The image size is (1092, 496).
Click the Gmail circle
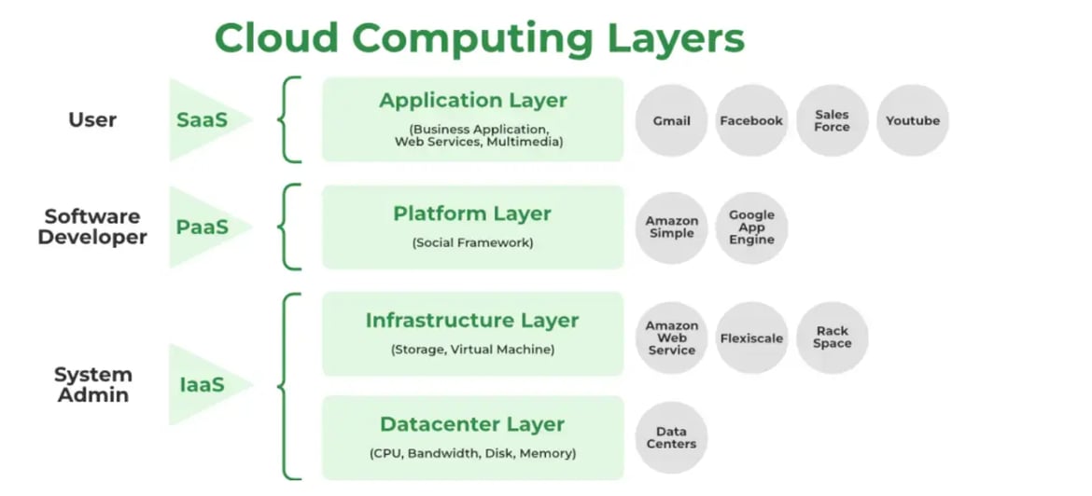pos(672,120)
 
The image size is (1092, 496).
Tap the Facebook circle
pos(751,120)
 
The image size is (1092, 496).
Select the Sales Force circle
pos(832,120)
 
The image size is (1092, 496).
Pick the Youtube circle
pos(912,120)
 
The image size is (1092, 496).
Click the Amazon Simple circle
pos(672,227)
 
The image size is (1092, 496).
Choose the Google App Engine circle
pos(751,227)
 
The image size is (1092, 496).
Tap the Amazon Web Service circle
pos(672,338)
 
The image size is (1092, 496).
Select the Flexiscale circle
pos(751,338)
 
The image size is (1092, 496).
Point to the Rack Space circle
pos(832,338)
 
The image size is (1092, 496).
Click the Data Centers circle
pos(672,438)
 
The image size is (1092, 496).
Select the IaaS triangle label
pos(201,384)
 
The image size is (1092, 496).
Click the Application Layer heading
pos(472,101)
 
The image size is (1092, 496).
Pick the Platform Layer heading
pos(472,214)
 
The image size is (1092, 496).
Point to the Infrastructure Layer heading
pos(472,321)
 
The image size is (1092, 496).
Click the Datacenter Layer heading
pos(472,424)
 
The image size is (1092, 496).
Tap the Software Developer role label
pos(92,227)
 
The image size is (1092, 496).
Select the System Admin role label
pos(92,384)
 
